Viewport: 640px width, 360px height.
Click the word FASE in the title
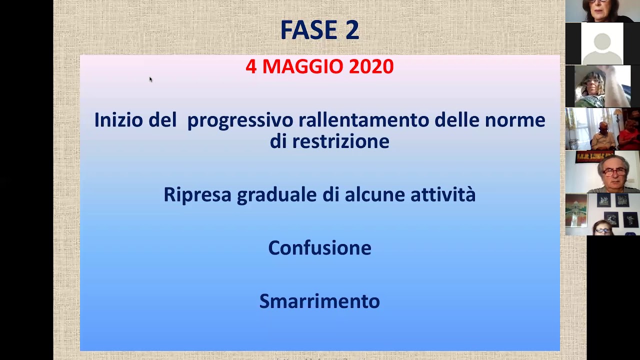pyautogui.click(x=309, y=29)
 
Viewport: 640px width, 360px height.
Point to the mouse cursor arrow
pyautogui.click(x=151, y=79)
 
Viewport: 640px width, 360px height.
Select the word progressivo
pyautogui.click(x=240, y=121)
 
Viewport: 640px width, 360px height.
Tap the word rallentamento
pyautogui.click(x=363, y=119)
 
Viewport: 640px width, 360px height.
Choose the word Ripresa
pyautogui.click(x=197, y=194)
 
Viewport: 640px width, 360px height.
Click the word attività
pyautogui.click(x=443, y=194)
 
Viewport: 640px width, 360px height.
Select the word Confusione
pyautogui.click(x=319, y=247)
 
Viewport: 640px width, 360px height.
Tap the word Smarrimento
pyautogui.click(x=319, y=301)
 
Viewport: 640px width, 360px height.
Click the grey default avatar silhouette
pyautogui.click(x=602, y=48)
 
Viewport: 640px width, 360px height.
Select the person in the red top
pyautogui.click(x=630, y=135)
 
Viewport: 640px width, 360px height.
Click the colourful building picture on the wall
pyautogui.click(x=576, y=210)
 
